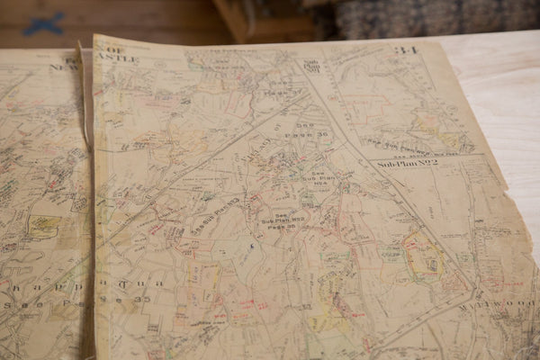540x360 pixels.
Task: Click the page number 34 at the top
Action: [406, 49]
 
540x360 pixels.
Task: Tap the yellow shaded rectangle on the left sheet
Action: [42, 226]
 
